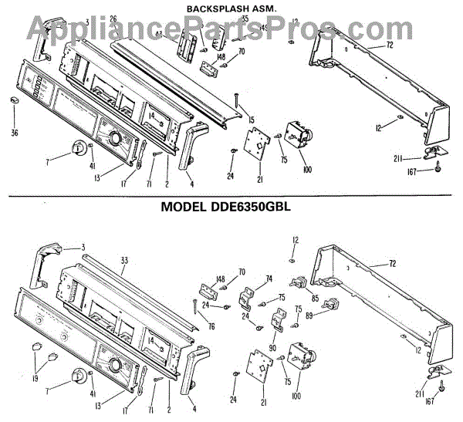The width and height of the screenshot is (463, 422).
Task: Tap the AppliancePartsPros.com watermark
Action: [231, 29]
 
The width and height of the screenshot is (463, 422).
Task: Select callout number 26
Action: [113, 19]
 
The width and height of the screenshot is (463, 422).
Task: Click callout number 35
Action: [245, 18]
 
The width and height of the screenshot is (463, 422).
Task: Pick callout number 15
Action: [250, 120]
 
